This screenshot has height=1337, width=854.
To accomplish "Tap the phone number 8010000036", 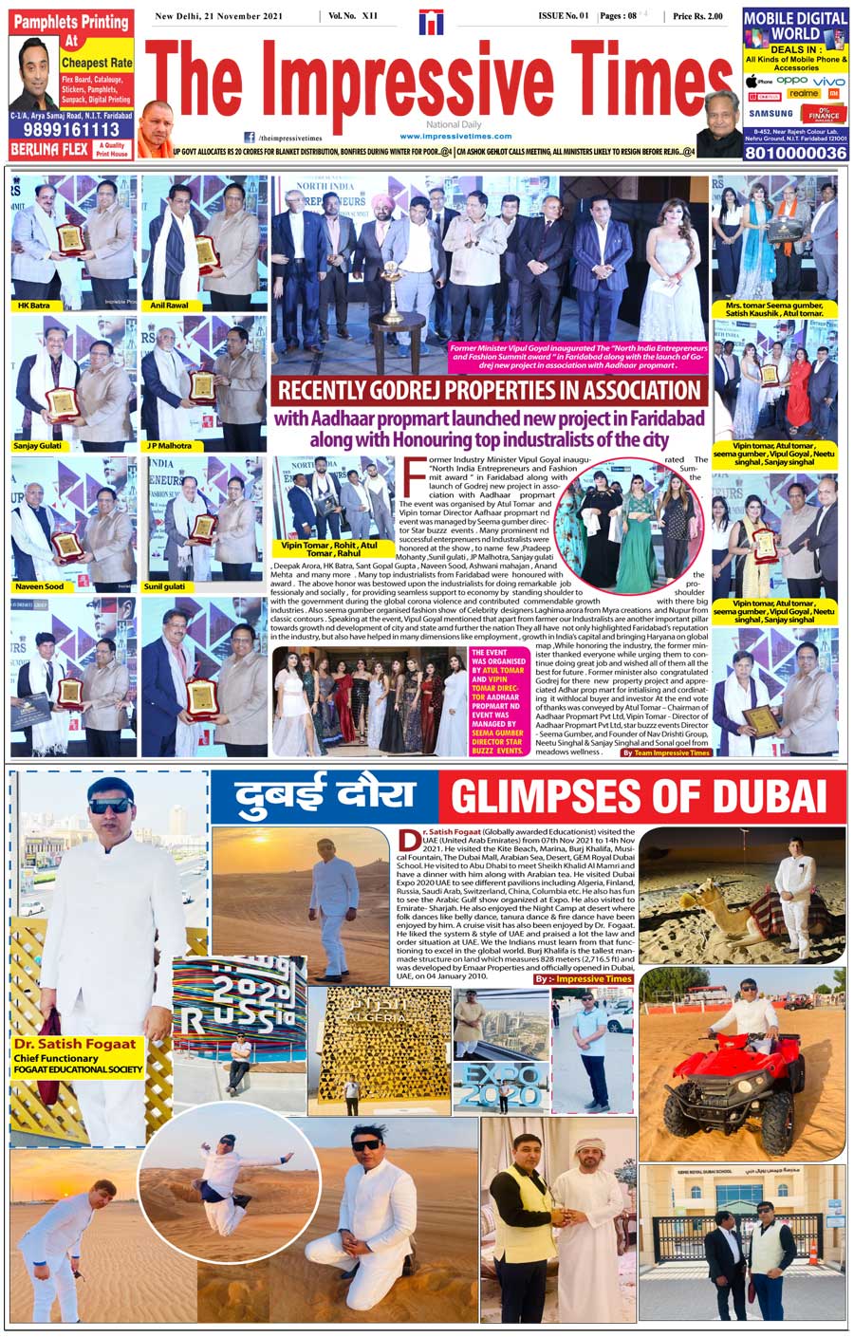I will coord(795,152).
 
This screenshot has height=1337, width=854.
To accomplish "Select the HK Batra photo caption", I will coord(33,306).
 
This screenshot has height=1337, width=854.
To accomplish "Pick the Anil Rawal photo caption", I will coord(170,306).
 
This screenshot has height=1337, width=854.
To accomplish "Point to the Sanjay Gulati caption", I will coord(37,445).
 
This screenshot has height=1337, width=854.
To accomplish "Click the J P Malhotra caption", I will coord(169,445).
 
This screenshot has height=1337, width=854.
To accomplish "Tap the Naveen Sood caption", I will coord(39,586).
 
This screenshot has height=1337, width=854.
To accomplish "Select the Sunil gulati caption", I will coord(166,586).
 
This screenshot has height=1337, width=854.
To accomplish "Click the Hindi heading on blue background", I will coord(325,795).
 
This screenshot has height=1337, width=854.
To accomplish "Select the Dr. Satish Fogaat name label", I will coord(76,1044).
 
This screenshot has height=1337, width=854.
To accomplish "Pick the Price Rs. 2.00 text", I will coord(697,16).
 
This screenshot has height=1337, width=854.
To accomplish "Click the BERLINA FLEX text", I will coord(49,149).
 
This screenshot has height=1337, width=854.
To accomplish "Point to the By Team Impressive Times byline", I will coord(666,752).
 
